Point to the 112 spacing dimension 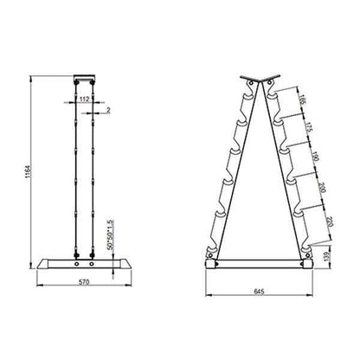point(84,97)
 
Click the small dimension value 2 point(106,111)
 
